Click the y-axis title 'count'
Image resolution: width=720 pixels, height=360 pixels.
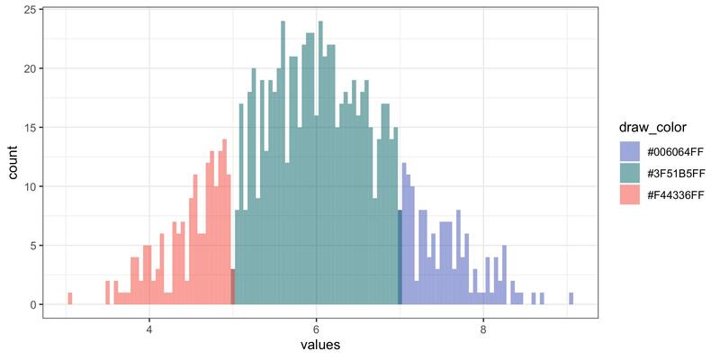tap(13, 162)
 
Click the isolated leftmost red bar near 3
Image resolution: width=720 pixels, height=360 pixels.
tap(69, 299)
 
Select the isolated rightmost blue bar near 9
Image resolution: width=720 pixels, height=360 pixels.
tap(571, 299)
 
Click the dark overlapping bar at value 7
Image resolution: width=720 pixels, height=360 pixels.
tap(400, 257)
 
